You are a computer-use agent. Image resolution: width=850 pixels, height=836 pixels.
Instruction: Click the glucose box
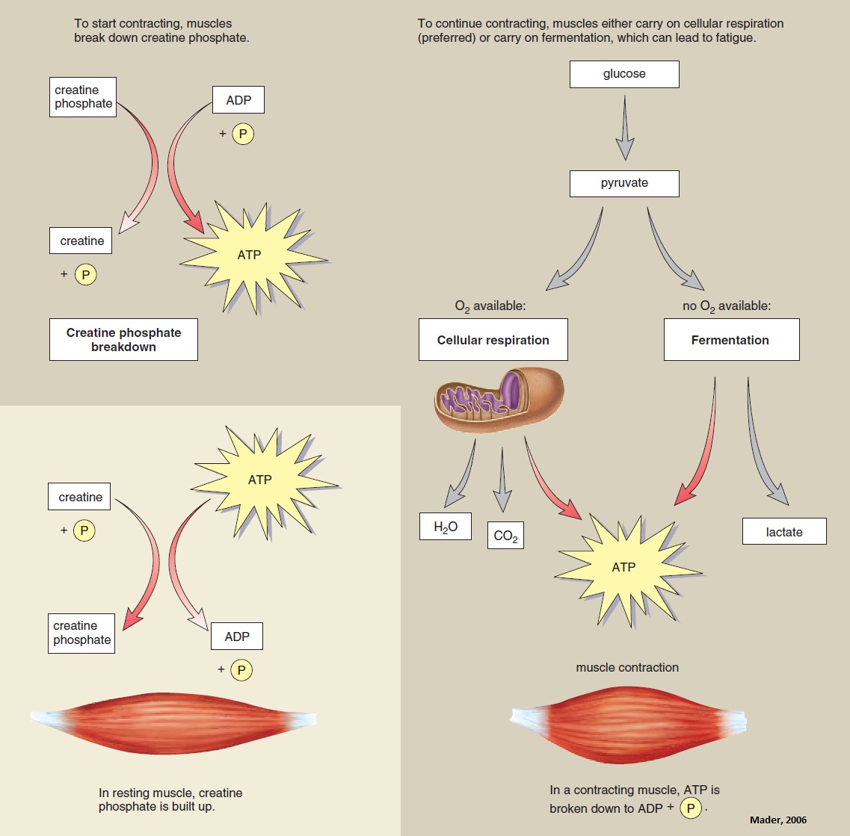(624, 74)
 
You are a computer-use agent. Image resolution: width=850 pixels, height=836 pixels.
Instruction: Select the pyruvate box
(624, 184)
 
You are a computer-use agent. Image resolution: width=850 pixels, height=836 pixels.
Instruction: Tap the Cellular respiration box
(493, 340)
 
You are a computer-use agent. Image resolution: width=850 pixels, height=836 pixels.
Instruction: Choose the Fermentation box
(730, 340)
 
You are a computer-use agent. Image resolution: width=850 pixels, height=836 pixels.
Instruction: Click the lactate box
(784, 532)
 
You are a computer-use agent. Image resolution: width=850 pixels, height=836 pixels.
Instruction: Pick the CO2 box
(505, 536)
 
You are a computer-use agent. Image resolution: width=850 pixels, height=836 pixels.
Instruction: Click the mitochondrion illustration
(499, 400)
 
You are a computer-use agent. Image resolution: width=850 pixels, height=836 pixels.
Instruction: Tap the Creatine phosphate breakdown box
(124, 339)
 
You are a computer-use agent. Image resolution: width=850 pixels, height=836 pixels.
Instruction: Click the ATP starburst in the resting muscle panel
(260, 480)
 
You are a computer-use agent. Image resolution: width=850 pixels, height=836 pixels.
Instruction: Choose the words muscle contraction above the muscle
(627, 667)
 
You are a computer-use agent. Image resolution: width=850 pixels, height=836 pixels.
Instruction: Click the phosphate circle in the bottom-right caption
(692, 808)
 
